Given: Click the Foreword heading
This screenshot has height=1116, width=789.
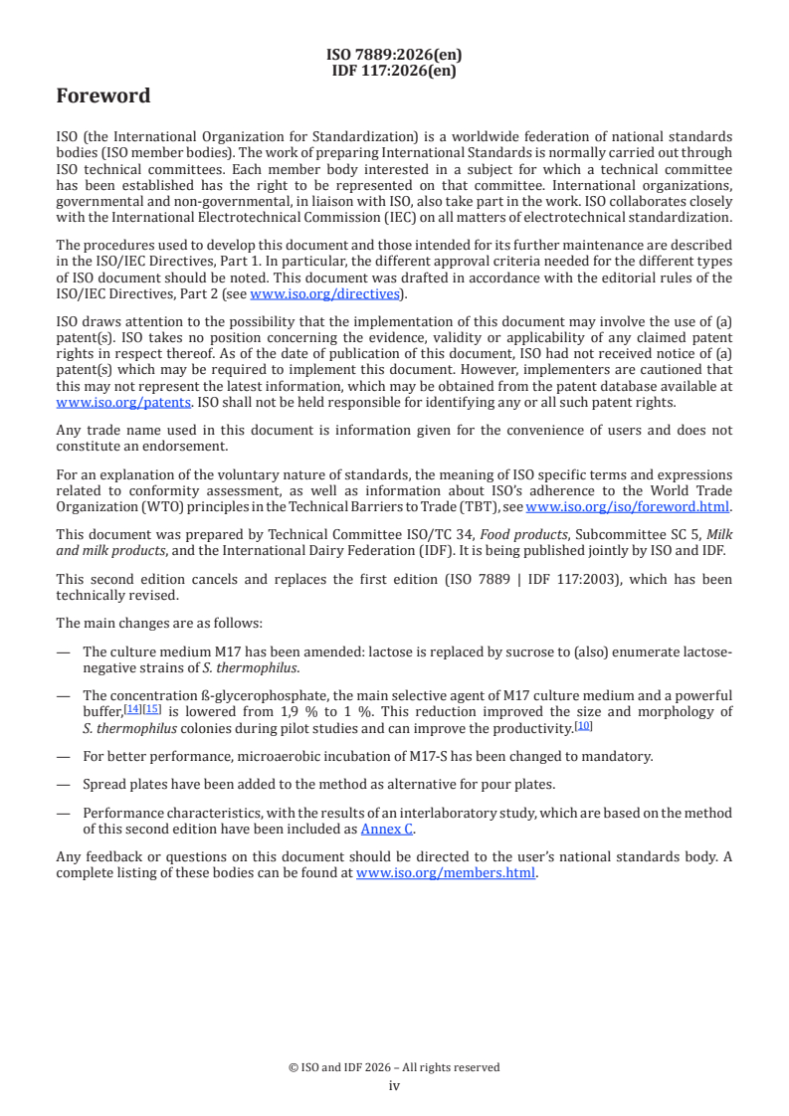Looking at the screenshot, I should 103,96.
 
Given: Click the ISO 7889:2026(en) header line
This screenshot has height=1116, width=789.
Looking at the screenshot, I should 394,55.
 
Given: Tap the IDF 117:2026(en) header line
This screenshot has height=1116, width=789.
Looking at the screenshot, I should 394,70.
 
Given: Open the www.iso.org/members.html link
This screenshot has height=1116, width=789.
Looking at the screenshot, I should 446,873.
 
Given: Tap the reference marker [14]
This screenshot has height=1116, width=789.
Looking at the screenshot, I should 132,709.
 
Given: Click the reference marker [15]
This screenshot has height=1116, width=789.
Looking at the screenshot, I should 152,709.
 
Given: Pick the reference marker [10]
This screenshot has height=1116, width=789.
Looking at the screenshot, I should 584,725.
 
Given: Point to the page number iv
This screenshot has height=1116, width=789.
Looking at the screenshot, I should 394,1085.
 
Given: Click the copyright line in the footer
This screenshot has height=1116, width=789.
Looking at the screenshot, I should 394,1067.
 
